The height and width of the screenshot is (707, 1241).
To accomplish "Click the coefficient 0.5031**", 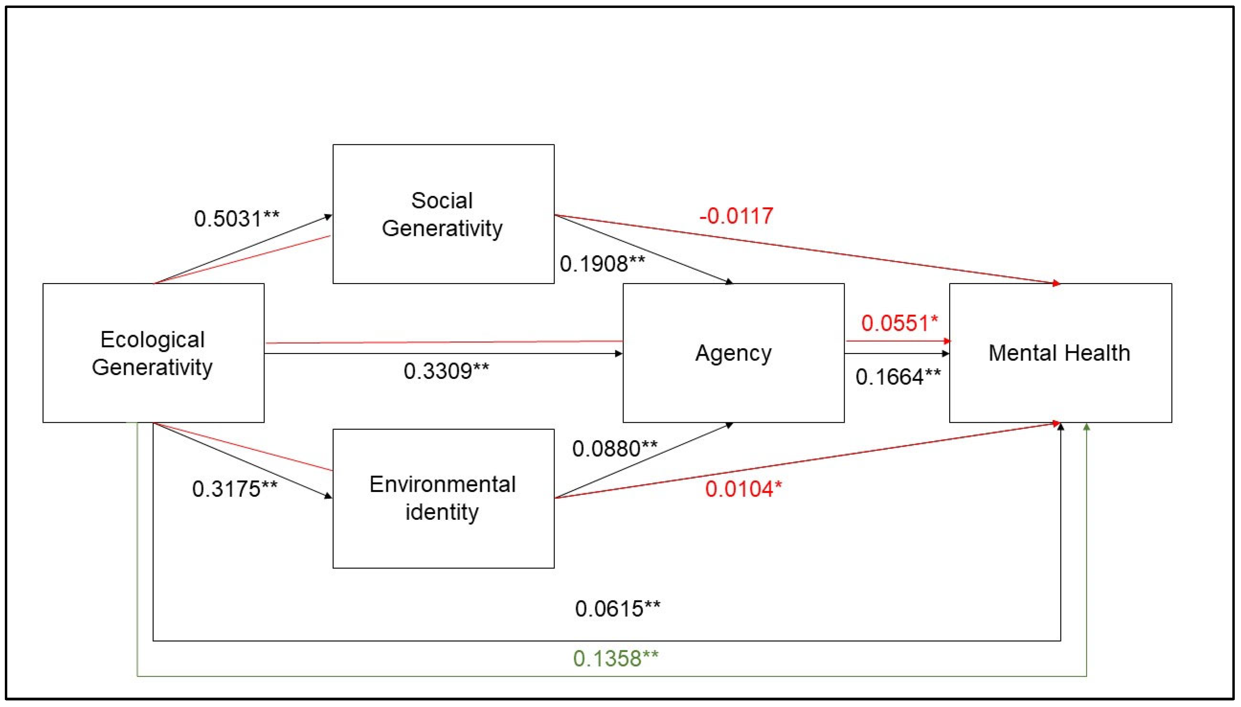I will tap(237, 218).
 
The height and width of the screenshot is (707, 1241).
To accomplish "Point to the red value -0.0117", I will tap(736, 216).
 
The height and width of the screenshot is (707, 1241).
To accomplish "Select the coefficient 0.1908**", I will tap(602, 264).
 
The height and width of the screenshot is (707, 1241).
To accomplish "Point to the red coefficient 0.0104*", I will tap(743, 489).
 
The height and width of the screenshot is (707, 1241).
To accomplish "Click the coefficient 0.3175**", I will tap(235, 489).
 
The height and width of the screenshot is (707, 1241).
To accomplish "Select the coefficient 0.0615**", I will tap(617, 608).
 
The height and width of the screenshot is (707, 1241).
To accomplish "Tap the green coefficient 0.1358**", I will tap(615, 659).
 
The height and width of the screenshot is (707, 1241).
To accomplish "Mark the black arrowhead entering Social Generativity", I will tap(328, 217).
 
